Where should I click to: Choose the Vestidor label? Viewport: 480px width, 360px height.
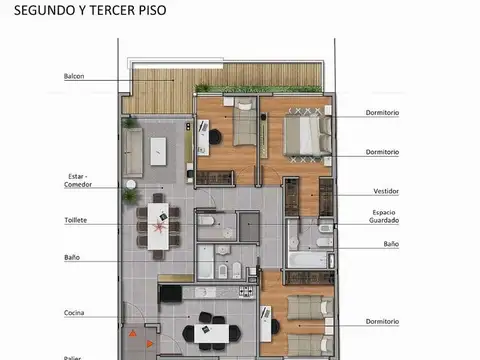(x=385, y=190)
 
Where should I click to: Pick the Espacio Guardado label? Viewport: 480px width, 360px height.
(x=384, y=217)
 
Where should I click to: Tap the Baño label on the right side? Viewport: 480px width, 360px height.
(x=390, y=243)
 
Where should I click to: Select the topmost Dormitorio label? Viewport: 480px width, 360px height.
(x=382, y=113)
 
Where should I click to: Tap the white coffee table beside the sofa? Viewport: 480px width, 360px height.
(x=158, y=151)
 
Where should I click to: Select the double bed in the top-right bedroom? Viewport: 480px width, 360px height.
(x=304, y=134)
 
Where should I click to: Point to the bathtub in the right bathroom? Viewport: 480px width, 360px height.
(x=310, y=259)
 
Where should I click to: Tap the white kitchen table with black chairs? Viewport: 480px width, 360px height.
(x=211, y=332)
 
